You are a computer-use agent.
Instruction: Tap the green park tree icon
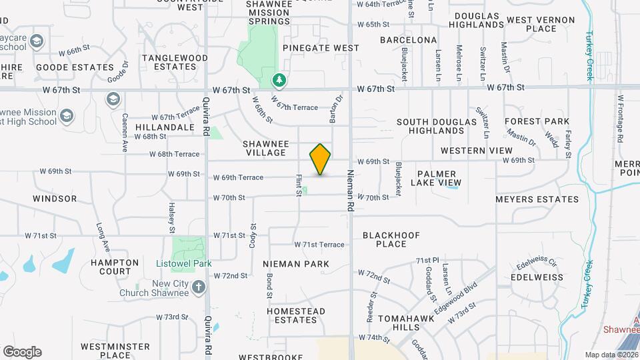click(x=279, y=81)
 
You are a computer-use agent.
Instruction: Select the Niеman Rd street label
click(x=349, y=190)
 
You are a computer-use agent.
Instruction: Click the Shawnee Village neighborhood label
click(x=265, y=148)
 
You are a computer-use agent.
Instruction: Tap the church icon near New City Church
click(x=198, y=287)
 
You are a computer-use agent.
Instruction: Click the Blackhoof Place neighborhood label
click(x=393, y=239)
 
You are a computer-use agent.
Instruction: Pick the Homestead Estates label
click(x=296, y=315)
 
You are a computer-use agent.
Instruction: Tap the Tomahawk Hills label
click(x=406, y=323)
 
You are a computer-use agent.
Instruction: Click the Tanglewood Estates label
click(x=175, y=62)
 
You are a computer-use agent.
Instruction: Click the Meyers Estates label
click(x=537, y=199)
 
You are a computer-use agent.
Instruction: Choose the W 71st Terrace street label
click(x=319, y=245)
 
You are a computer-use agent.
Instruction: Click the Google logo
click(x=22, y=351)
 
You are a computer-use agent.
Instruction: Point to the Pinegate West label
click(x=321, y=48)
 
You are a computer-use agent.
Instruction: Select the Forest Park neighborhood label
click(x=537, y=121)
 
